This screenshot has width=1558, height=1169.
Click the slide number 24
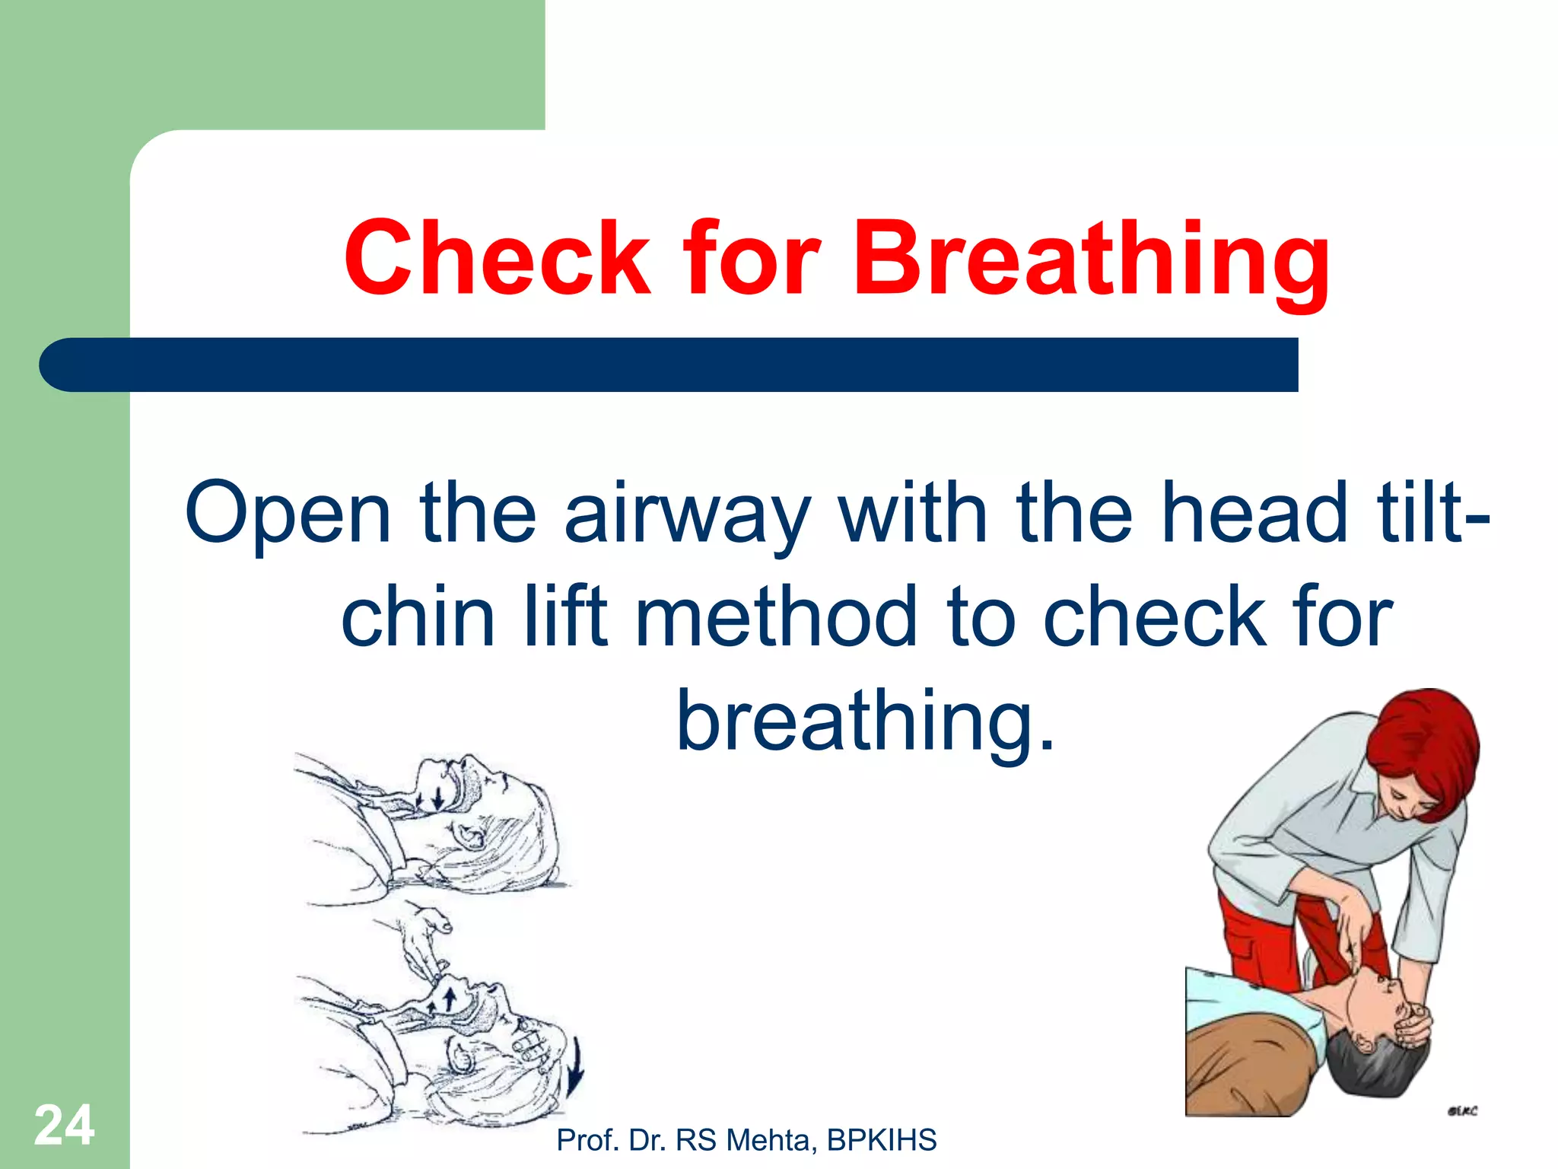pyautogui.click(x=64, y=1125)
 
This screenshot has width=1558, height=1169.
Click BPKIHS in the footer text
pyautogui.click(x=882, y=1140)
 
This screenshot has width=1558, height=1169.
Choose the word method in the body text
pyautogui.click(x=776, y=616)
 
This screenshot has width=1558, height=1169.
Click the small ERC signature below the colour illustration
pyautogui.click(x=1461, y=1111)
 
